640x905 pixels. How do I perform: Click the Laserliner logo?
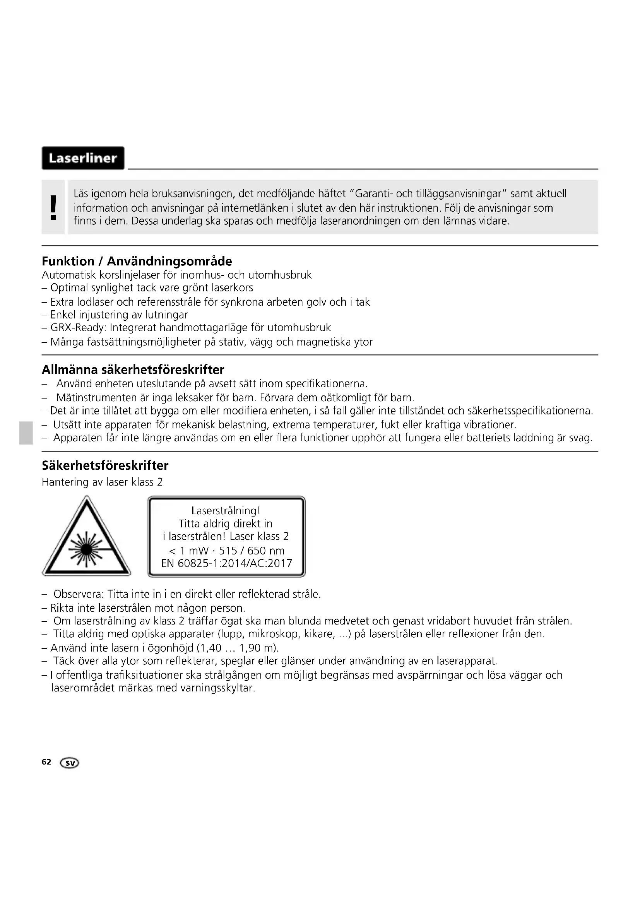point(83,158)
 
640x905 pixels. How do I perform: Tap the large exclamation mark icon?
point(53,207)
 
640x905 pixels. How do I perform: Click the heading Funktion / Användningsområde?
point(137,261)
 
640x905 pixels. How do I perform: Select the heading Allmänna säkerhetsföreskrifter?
point(133,370)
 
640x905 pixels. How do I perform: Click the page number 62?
point(46,761)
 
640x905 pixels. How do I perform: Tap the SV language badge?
point(70,763)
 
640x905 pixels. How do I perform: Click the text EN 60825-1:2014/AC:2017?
point(227,563)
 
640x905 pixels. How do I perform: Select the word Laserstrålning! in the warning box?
point(226,511)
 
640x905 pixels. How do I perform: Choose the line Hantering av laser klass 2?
point(102,482)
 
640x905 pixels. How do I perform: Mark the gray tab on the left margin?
point(26,433)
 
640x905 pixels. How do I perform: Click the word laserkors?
point(232,288)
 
